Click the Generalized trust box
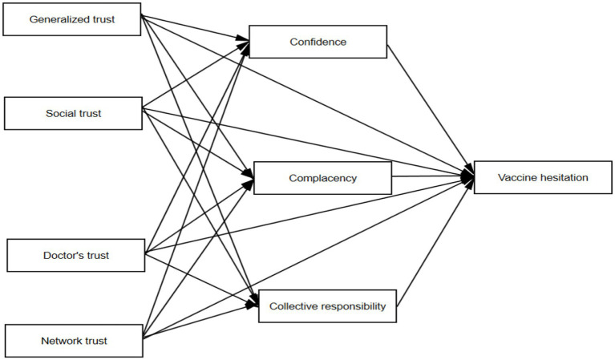point(72,18)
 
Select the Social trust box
point(72,113)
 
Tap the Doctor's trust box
point(75,256)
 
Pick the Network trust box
point(74,341)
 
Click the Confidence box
point(318,42)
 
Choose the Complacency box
point(322,177)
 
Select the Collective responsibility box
point(327,305)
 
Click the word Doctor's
point(64,256)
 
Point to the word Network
point(59,341)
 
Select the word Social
point(60,113)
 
